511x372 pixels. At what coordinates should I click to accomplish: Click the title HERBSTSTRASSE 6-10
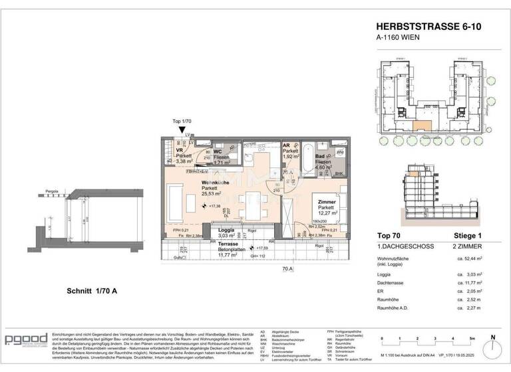pos(423,26)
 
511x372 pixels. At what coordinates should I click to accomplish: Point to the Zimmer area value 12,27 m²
pos(326,213)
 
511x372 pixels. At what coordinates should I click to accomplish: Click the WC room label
pos(216,151)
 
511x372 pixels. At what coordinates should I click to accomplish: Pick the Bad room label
pos(320,155)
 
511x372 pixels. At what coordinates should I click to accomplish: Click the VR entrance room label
pos(179,150)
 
